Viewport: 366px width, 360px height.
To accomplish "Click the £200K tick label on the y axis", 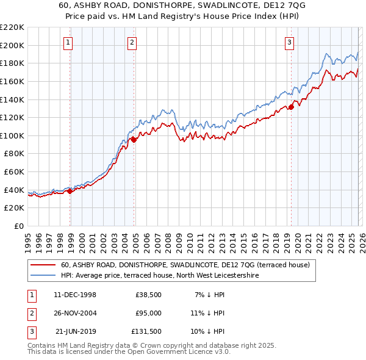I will [x=12, y=45].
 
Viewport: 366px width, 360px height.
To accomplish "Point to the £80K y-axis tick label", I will [x=14, y=154].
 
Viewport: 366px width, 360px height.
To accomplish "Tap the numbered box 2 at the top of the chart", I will [x=132, y=42].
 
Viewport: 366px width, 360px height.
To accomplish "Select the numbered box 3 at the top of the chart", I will [x=289, y=42].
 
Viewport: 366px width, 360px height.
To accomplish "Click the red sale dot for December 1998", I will [x=70, y=191].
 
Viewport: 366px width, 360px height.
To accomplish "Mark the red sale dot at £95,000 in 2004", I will [x=134, y=140].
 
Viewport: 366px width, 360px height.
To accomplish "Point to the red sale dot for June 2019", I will [x=291, y=107].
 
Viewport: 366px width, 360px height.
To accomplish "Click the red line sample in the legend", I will [x=43, y=265].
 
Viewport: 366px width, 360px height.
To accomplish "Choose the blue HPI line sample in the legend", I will [x=43, y=276].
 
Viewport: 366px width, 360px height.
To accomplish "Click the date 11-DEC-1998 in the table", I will [x=75, y=295].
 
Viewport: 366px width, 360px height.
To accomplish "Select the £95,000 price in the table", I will [x=148, y=313].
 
